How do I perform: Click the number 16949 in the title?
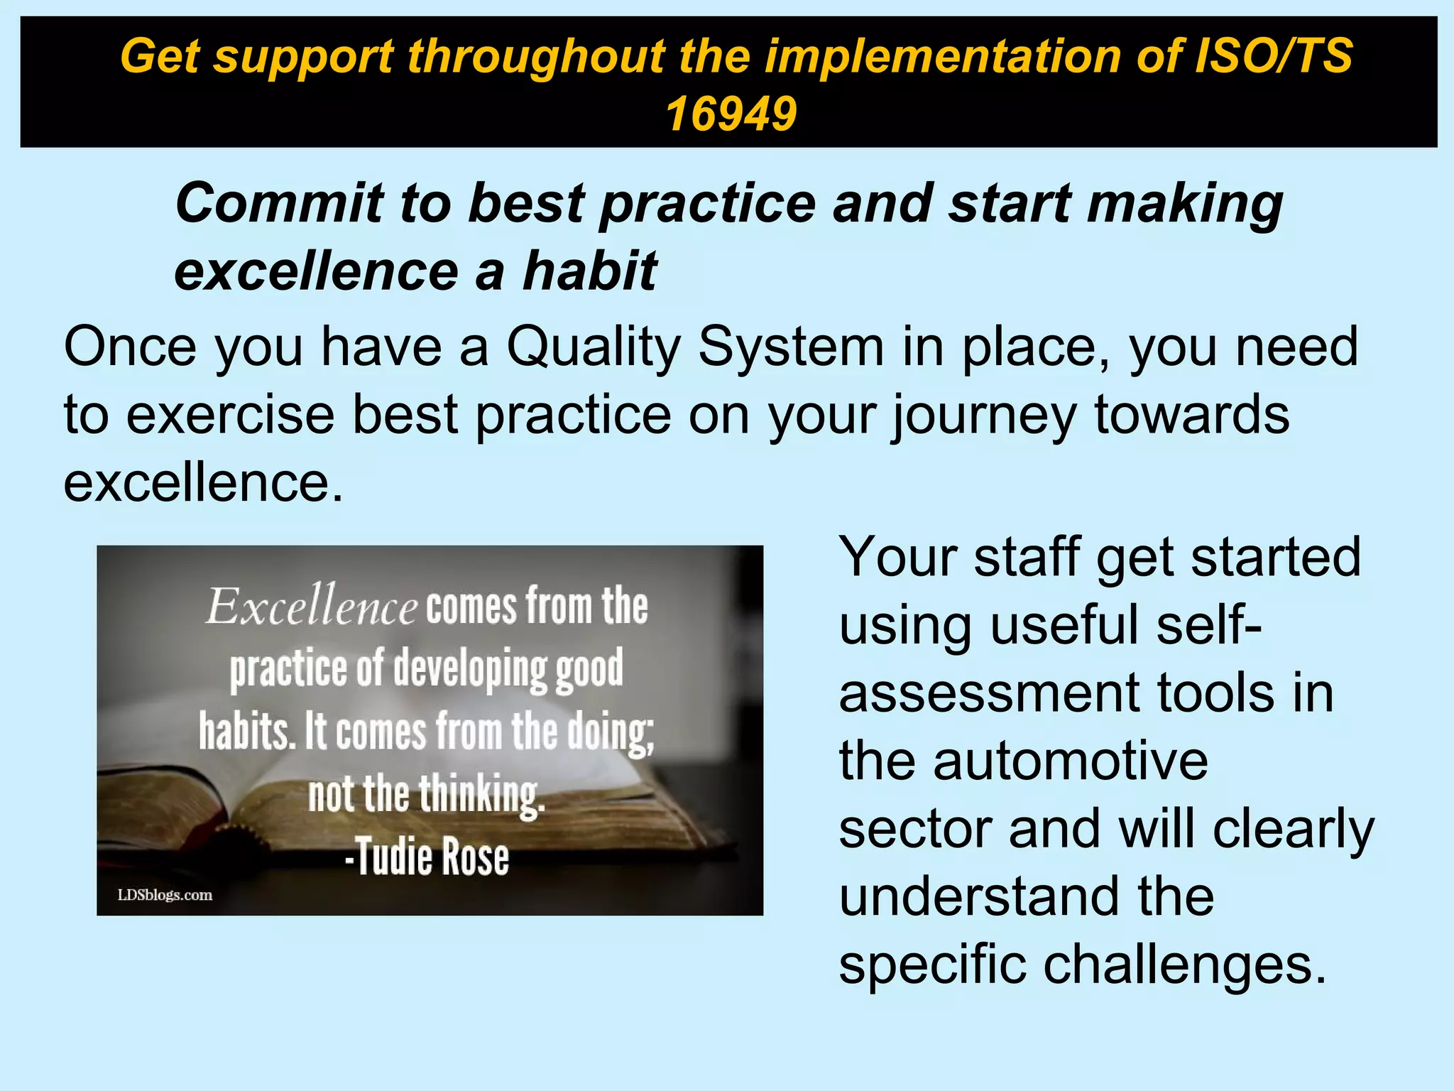tap(731, 114)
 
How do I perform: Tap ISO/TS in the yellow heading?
tap(1274, 55)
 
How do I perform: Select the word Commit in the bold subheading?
tap(278, 203)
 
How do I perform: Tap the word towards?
tap(1191, 415)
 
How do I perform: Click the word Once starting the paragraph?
tap(130, 347)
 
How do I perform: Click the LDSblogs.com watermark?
tap(165, 895)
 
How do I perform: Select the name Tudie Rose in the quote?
tap(427, 857)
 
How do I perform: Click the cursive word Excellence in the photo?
tap(311, 607)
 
